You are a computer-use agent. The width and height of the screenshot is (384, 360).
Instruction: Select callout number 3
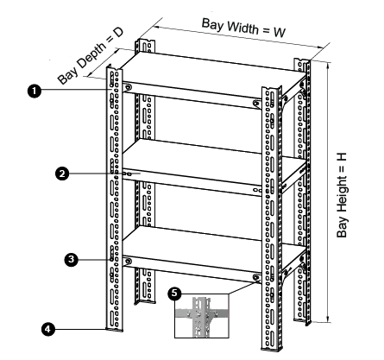coord(72,257)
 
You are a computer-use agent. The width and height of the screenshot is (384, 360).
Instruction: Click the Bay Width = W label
coord(242,23)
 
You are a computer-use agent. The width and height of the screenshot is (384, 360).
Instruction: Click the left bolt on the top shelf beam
coord(129,87)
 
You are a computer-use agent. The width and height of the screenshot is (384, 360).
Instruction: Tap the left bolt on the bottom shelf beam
coord(129,261)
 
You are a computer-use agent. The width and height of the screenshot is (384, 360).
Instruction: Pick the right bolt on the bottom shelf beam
coord(256,278)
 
